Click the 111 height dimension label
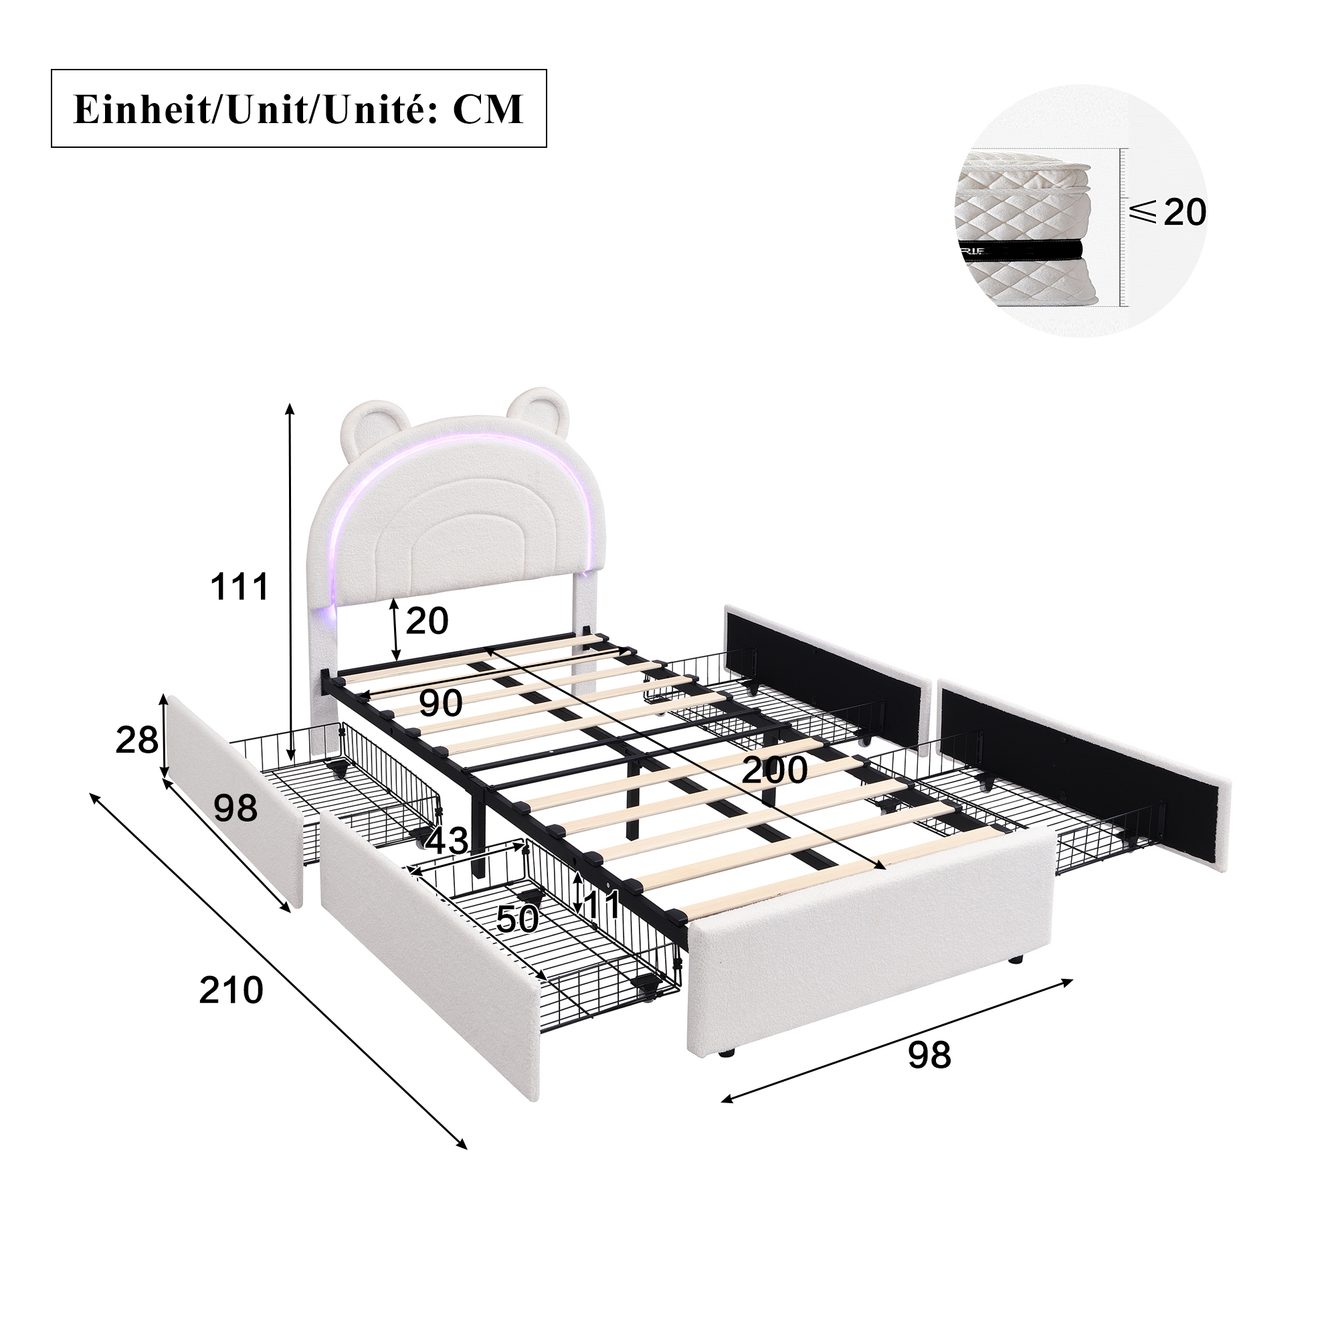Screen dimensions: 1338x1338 point(240,587)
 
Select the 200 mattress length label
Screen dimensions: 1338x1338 point(774,770)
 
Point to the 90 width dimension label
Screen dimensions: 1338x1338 point(440,704)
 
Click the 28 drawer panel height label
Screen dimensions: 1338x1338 point(137,741)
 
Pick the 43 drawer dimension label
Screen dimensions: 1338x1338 point(447,842)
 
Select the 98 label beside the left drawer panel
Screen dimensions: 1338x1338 point(235,808)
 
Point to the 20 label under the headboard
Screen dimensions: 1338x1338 point(427,621)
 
